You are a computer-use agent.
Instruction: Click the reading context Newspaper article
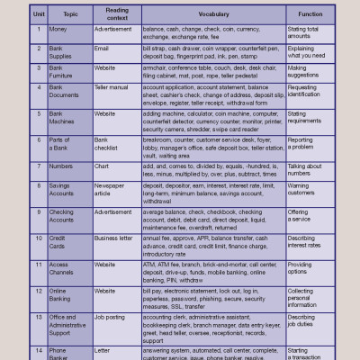click(114, 191)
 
